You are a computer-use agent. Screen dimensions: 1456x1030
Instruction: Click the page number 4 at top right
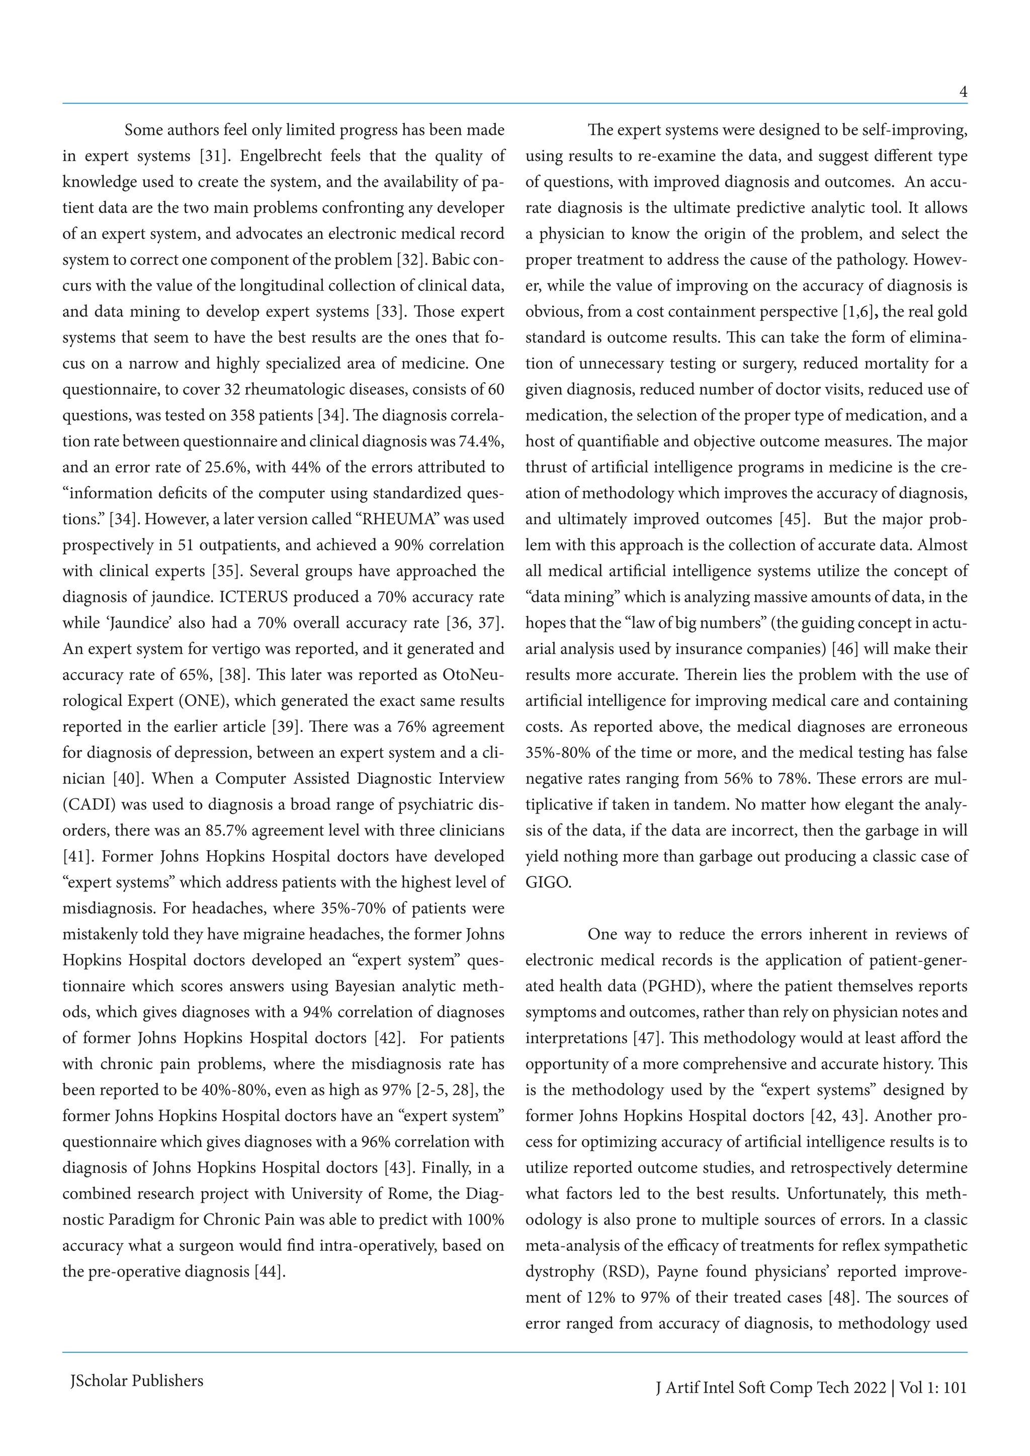(x=963, y=93)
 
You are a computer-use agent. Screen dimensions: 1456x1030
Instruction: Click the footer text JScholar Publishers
(x=136, y=1381)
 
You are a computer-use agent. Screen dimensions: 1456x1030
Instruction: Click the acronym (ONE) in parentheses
(x=205, y=701)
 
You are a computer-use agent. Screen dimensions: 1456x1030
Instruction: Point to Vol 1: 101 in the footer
(x=933, y=1388)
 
